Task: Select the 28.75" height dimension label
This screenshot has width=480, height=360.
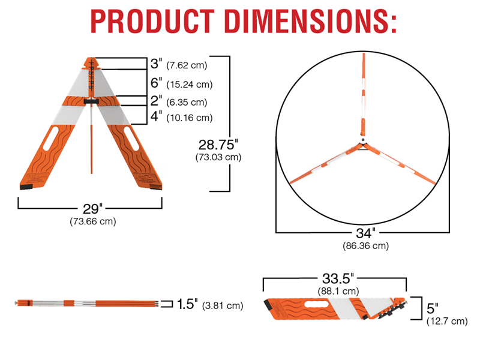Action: point(218,145)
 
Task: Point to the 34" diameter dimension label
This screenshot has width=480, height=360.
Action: point(364,233)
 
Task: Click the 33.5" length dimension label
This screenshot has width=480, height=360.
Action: point(335,279)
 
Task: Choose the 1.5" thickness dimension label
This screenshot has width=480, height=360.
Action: point(188,304)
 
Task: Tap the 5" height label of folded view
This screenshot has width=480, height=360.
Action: point(432,308)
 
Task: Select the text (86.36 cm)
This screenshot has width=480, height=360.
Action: point(364,245)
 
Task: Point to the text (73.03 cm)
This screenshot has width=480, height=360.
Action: point(218,157)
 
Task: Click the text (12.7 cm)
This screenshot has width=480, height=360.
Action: point(446,322)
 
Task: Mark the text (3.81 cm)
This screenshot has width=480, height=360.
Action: point(223,305)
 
